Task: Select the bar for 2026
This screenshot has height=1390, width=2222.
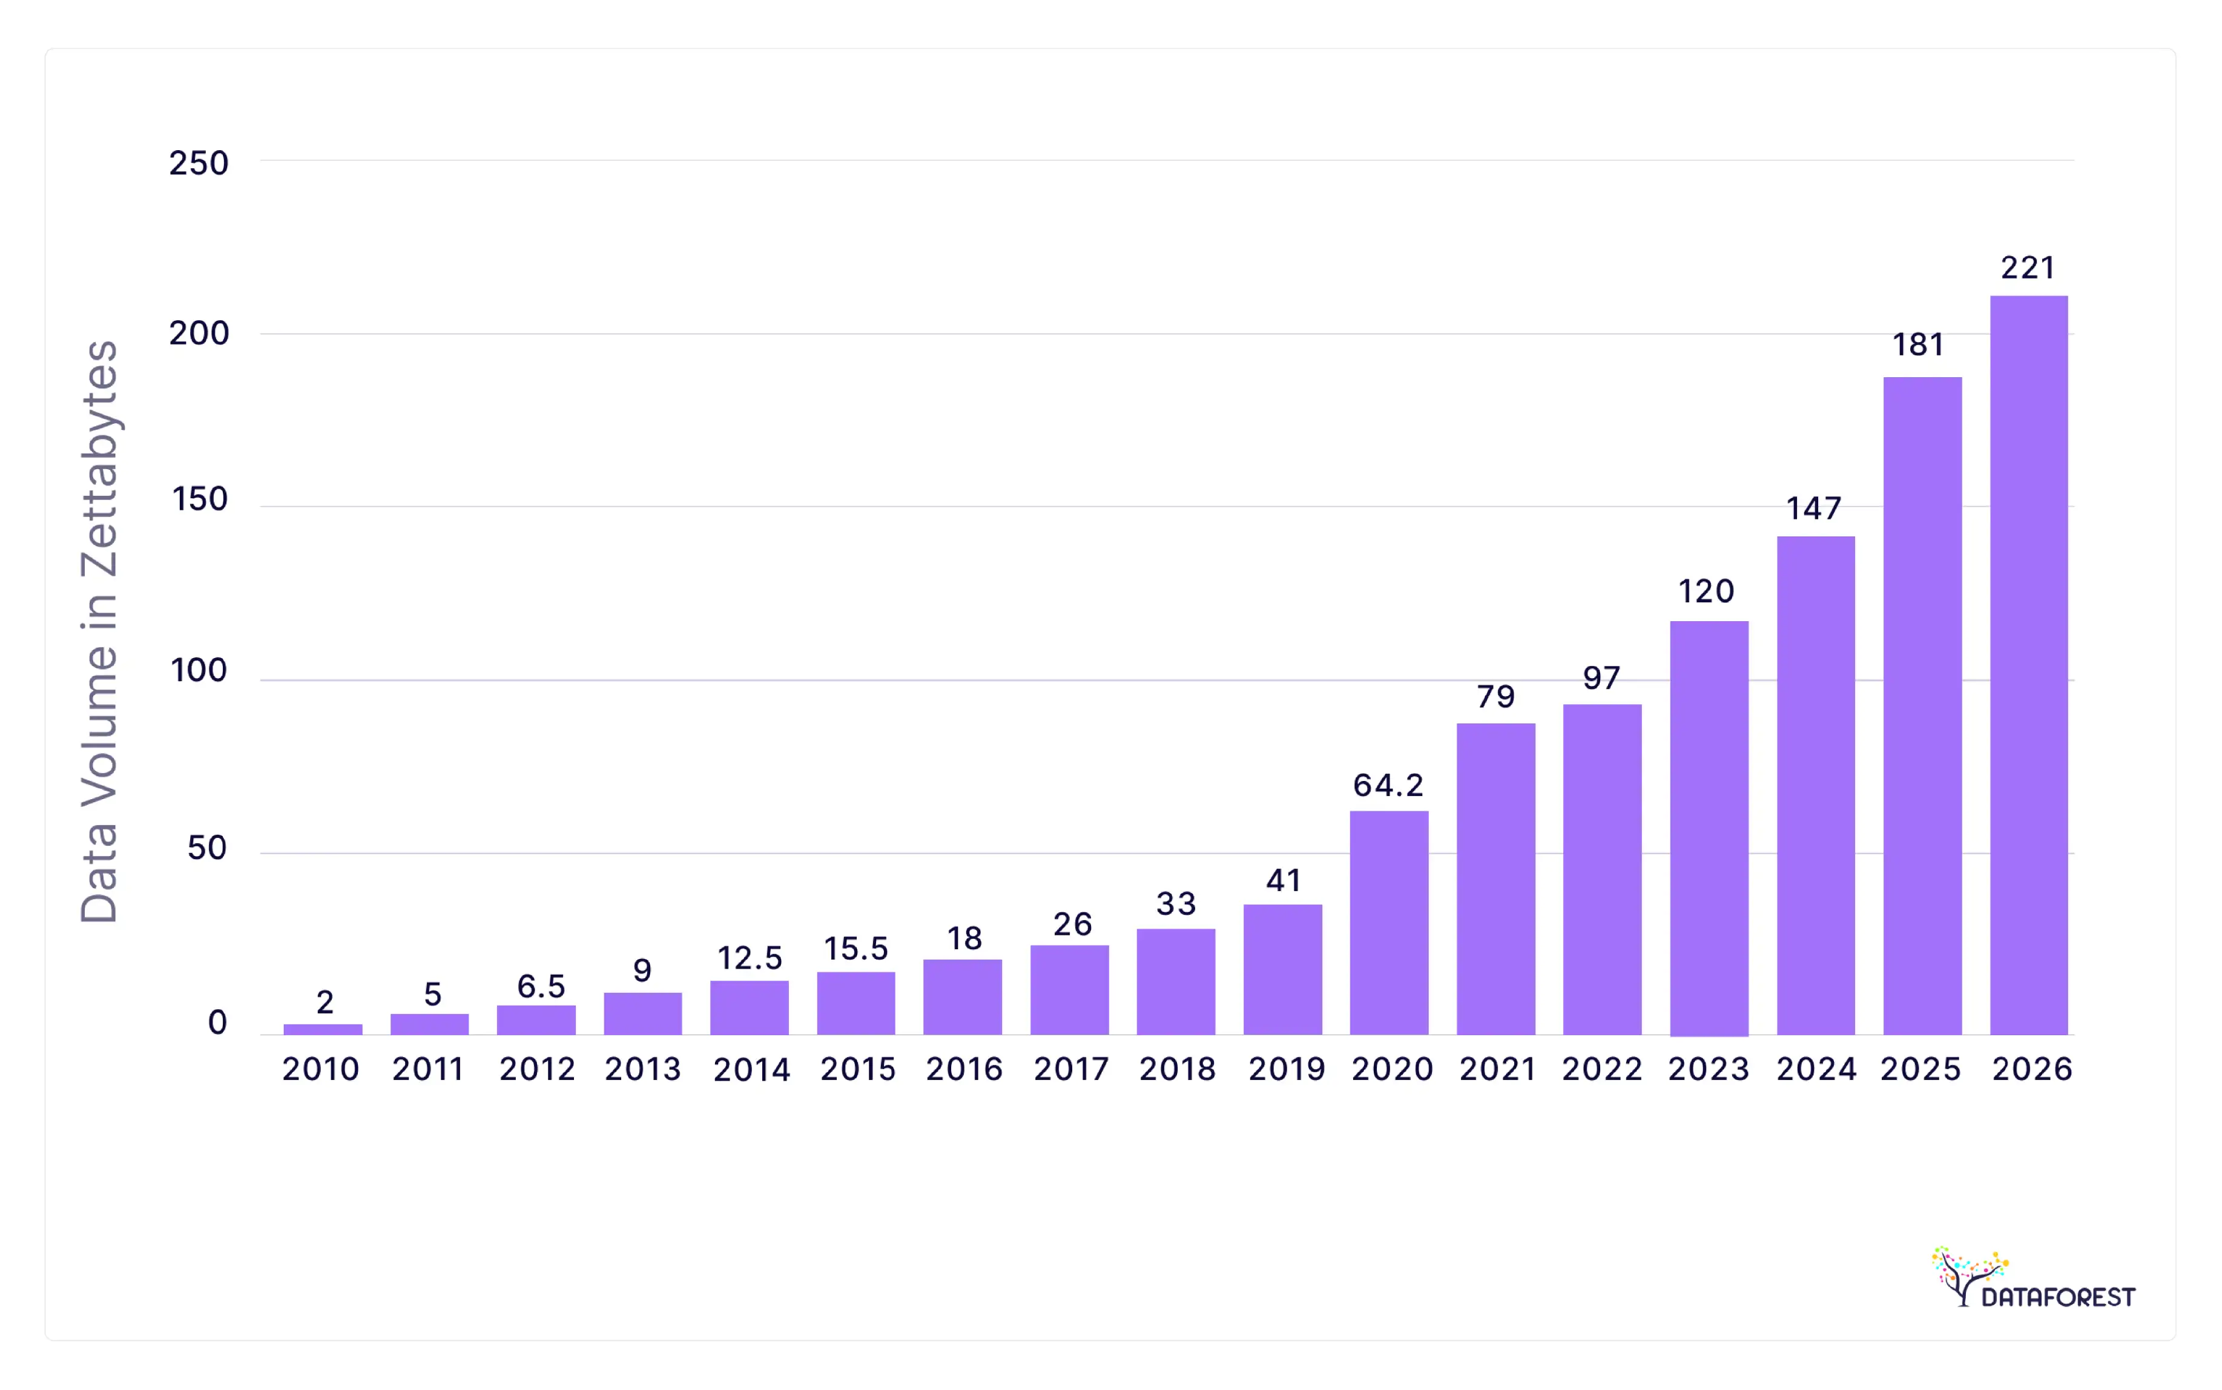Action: (x=2028, y=665)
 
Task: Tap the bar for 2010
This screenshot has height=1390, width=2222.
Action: (x=323, y=1029)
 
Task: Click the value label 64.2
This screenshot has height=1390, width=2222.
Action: (x=1388, y=785)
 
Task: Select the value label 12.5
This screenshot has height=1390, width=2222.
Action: (x=750, y=958)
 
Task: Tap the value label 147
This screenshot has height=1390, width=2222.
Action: (x=1814, y=509)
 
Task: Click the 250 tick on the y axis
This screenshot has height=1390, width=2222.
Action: (x=199, y=163)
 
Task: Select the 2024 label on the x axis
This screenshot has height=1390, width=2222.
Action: (x=1816, y=1069)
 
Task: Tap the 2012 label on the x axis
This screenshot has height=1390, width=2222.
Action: (x=537, y=1069)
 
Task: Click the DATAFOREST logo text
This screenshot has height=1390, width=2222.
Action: (x=2057, y=1297)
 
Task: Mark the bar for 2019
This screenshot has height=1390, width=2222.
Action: (x=1282, y=969)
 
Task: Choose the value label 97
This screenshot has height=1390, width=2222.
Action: (x=1601, y=679)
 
